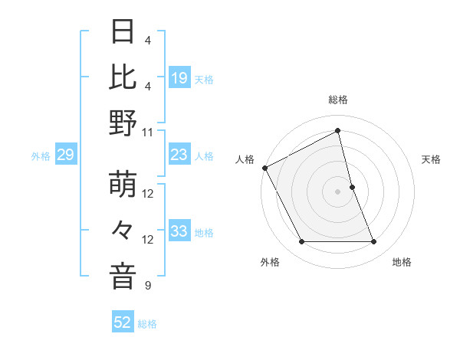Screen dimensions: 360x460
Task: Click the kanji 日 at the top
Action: coord(123,33)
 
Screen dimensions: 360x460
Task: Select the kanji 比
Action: coord(123,77)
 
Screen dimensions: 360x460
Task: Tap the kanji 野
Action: coord(123,123)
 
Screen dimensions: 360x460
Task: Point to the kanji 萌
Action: coord(123,186)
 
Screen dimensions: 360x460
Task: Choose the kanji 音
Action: coord(123,277)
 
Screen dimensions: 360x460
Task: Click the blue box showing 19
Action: coord(179,77)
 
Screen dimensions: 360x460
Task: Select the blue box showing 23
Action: coord(179,155)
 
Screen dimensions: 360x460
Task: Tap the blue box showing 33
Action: coord(179,231)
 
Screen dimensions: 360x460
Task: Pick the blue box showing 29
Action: coord(65,155)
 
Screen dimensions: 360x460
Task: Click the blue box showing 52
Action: coord(123,322)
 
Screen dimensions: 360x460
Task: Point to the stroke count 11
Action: coord(148,132)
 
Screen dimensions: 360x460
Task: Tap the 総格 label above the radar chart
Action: coord(337,100)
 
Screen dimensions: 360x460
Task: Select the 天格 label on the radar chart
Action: coord(432,159)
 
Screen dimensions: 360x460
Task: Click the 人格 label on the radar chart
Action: coord(245,159)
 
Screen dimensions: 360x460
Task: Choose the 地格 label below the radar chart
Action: coord(402,262)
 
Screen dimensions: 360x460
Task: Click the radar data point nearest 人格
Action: coord(264,168)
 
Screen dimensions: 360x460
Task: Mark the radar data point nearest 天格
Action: coord(352,187)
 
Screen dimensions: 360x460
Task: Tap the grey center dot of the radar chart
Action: coord(337,191)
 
